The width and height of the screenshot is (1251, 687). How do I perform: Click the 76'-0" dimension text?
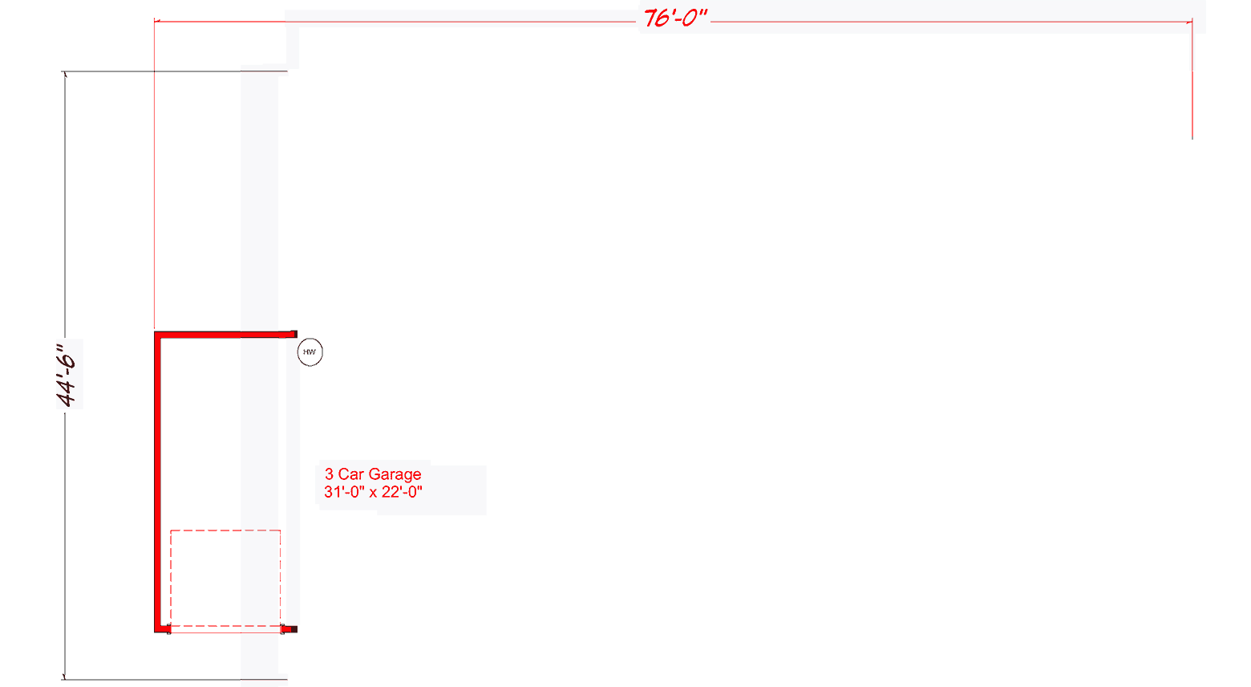(x=675, y=18)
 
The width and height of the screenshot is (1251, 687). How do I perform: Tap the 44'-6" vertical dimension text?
(x=69, y=374)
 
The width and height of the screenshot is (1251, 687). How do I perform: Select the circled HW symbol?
(x=310, y=352)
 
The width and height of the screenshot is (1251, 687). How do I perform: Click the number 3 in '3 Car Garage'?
(x=329, y=474)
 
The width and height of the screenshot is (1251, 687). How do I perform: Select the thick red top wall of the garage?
(x=225, y=334)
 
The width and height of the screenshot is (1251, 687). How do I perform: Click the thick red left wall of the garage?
(x=158, y=482)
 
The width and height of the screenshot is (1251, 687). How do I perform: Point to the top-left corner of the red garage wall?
(x=158, y=334)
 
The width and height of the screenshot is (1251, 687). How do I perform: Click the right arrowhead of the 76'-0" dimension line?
(x=1189, y=22)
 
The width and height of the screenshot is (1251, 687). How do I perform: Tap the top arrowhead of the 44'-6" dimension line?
(x=65, y=75)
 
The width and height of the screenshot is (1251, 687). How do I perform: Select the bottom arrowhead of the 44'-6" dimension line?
(x=65, y=677)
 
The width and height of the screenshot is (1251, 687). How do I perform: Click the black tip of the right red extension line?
(x=1192, y=137)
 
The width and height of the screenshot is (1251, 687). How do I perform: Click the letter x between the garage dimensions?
(x=373, y=493)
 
